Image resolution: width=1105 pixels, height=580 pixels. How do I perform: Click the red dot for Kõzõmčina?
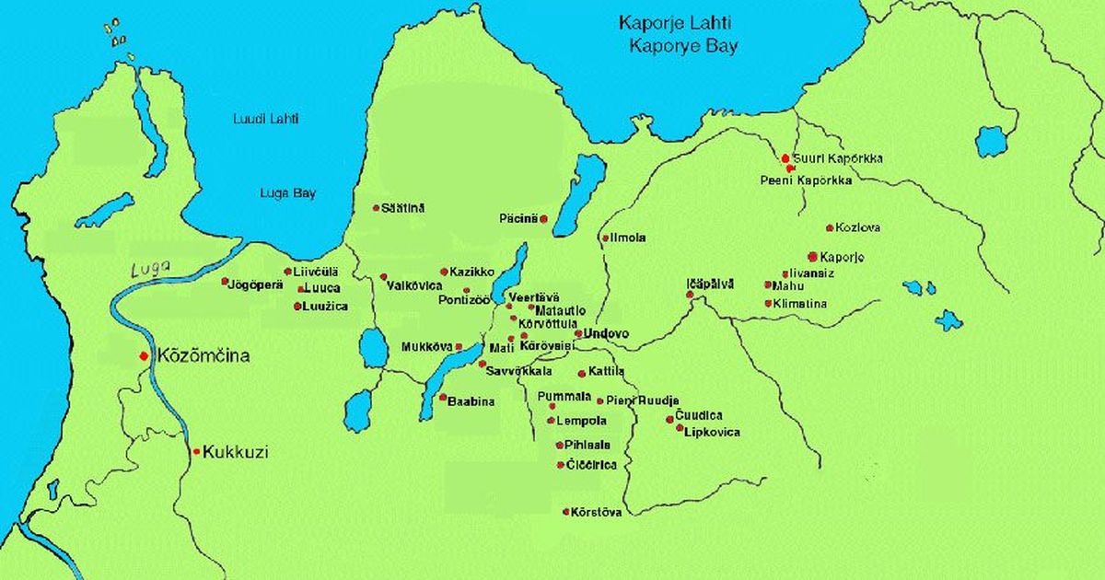[144, 355]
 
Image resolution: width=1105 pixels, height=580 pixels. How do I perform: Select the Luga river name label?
[152, 268]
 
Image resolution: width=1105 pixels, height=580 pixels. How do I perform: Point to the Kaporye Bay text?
[682, 47]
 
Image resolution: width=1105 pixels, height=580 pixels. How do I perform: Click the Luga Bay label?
[288, 193]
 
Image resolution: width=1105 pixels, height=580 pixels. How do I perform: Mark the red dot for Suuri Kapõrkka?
[785, 158]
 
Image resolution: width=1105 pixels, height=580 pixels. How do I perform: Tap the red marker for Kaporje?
[812, 256]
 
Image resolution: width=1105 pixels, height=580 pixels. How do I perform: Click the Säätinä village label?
[403, 208]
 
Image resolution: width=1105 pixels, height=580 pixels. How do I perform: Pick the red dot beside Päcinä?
[544, 218]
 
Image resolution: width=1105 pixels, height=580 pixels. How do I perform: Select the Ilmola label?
[628, 238]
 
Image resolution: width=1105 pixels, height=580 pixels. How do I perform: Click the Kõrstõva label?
[597, 512]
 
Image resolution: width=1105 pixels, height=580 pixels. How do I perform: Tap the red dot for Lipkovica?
[680, 428]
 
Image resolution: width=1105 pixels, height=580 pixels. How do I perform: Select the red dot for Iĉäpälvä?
[689, 295]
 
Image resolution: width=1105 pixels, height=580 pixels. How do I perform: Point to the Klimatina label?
[799, 303]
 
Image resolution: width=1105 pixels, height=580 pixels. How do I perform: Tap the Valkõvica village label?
[415, 284]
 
